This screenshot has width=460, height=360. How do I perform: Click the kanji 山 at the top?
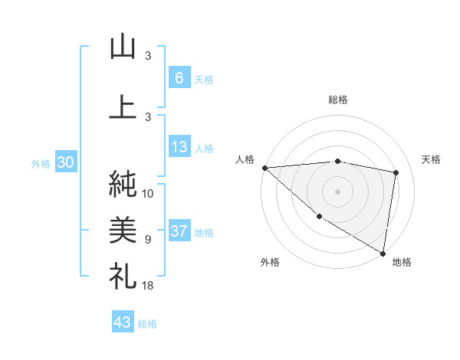(123, 47)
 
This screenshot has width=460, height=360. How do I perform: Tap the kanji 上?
(123, 107)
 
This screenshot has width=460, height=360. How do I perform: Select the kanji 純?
(123, 184)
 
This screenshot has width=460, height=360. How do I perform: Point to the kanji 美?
(123, 229)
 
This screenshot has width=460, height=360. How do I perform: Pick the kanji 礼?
(123, 275)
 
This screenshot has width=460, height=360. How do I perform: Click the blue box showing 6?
(179, 78)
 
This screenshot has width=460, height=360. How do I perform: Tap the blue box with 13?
(179, 148)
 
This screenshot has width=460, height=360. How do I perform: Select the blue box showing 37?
(179, 232)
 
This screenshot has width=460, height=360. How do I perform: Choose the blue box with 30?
(64, 163)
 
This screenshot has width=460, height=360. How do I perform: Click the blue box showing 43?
(122, 322)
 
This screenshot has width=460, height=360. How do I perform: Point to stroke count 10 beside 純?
(148, 194)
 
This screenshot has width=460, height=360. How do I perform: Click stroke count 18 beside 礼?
(148, 286)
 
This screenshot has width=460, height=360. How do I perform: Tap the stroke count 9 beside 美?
(148, 240)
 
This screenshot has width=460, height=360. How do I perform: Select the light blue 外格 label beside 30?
(41, 164)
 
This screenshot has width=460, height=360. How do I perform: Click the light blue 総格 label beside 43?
(147, 324)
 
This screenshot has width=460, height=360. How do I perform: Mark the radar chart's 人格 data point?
(264, 168)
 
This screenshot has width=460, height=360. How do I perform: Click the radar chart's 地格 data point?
(383, 252)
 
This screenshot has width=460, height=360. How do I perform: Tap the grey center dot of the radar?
(337, 191)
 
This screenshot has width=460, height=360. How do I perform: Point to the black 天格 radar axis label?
(432, 159)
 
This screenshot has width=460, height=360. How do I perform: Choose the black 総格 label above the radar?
(337, 100)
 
